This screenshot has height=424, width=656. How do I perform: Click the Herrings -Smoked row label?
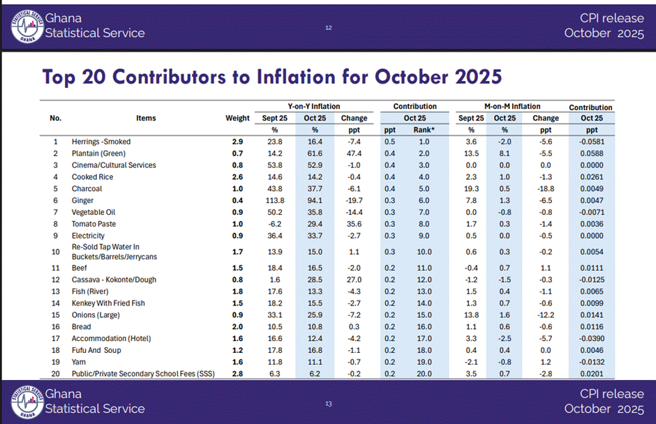(100, 142)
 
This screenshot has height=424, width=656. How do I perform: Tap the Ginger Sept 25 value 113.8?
(269, 200)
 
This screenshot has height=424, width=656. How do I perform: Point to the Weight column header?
(237, 118)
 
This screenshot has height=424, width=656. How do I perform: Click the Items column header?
(146, 118)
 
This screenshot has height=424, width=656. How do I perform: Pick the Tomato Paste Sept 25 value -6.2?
(269, 224)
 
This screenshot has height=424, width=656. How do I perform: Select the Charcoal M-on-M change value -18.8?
(546, 188)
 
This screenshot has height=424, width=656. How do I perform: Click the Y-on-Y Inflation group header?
(314, 107)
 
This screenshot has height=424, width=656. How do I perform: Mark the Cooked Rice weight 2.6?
(237, 177)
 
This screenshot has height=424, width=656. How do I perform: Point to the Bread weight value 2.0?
(237, 326)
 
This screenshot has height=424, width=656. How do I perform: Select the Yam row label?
(78, 362)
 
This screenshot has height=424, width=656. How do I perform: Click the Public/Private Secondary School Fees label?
(143, 374)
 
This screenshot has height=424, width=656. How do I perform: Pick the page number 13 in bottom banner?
(328, 404)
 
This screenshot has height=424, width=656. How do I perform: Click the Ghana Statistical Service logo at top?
(27, 25)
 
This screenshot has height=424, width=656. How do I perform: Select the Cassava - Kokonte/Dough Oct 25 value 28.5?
(314, 280)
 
